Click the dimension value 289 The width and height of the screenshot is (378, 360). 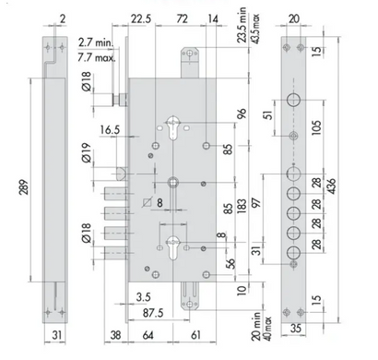coord(24,186)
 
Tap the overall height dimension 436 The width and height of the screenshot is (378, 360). coord(332,186)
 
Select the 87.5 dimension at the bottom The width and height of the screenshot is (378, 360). coord(153,313)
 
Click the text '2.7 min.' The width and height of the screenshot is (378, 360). coord(96,42)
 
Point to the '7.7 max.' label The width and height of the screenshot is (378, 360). coord(97,57)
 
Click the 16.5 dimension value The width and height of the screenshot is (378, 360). coord(110,130)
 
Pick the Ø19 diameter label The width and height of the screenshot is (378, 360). coord(87,153)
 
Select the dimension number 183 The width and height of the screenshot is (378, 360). coord(242,206)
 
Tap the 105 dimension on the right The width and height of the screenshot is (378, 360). coord(316,127)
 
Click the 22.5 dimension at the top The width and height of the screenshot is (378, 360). coord(141,19)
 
